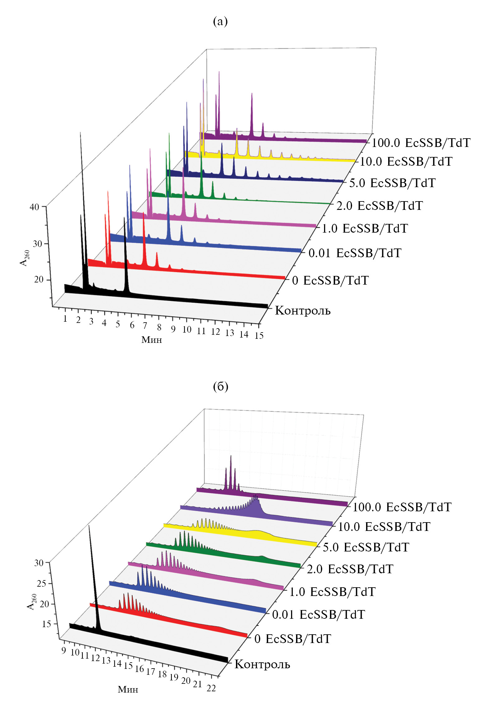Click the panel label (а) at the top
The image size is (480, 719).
coord(220,21)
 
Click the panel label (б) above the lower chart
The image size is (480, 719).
coord(220,386)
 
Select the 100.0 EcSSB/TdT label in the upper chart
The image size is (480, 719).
coord(421,143)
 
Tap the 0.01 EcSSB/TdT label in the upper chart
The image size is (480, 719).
coord(355,253)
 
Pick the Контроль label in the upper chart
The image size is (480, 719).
coord(303,311)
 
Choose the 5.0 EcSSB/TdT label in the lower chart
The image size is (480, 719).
coord(366,547)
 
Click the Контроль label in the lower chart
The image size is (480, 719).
coord(262,664)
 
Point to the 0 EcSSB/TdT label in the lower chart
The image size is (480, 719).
coord(292,639)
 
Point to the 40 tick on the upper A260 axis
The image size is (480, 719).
coord(34,207)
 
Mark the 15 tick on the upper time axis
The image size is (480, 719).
coord(259,335)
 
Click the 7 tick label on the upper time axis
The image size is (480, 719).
coord(145,326)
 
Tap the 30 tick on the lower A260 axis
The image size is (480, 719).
coord(39,563)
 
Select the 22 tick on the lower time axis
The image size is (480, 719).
coord(211,688)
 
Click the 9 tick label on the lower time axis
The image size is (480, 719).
coord(64,650)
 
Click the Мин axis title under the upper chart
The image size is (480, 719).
coord(152,340)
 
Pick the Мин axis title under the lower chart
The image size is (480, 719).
coord(128,689)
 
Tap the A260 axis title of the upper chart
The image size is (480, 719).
coord(25,258)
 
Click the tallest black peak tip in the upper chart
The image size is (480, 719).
coord(81,133)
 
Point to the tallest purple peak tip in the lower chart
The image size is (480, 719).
coord(231,456)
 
